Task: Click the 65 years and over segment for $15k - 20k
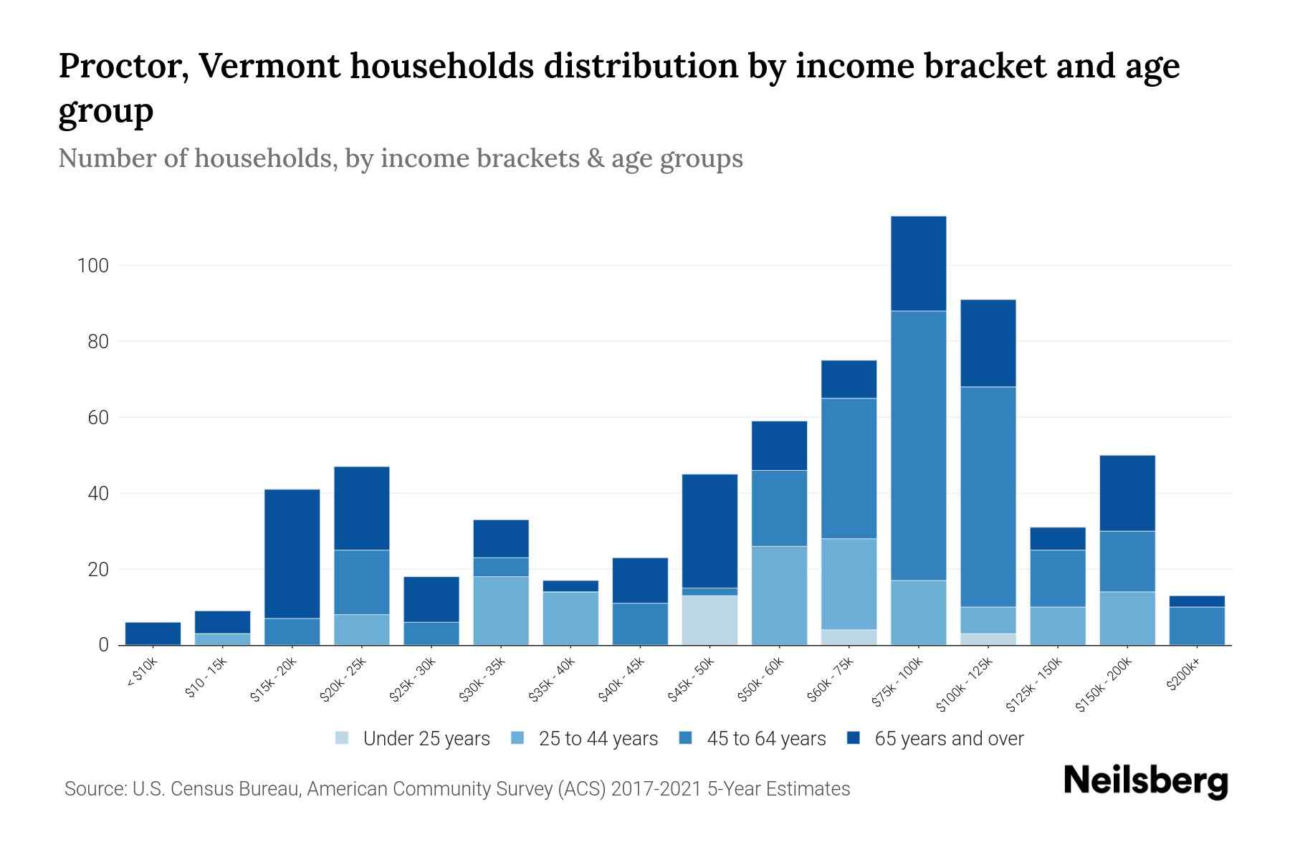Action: tap(292, 553)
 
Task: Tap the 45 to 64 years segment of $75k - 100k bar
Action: tap(918, 445)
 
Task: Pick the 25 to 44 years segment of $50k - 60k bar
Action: tap(779, 596)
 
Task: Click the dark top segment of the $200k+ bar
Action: tap(1197, 601)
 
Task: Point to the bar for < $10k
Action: tap(153, 634)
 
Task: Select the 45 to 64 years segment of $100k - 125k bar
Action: tap(988, 497)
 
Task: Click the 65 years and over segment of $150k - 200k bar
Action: tap(1127, 493)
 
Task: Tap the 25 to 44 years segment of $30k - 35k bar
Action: tap(501, 611)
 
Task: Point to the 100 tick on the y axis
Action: tap(92, 266)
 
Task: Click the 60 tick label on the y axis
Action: tap(97, 418)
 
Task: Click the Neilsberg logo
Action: tap(1145, 781)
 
